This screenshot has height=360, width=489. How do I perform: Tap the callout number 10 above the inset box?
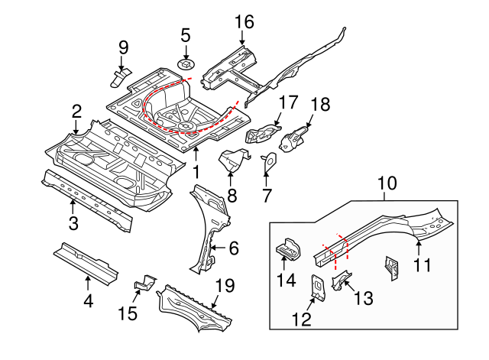387,183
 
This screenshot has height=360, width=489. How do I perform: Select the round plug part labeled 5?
185,61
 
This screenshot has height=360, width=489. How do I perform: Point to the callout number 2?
76,112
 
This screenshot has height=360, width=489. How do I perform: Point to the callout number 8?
232,195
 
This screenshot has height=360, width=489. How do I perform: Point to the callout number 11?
423,265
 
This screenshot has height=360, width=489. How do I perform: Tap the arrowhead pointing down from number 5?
185,52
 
